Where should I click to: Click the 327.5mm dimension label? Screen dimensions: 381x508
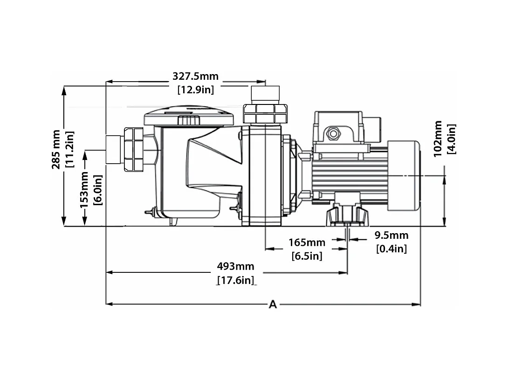pos(195,76)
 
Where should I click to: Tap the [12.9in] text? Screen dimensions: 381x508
pos(195,89)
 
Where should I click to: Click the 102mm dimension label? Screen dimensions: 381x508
pos(438,139)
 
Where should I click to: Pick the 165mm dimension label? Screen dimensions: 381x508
pos(306,242)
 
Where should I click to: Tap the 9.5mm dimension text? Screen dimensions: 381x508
pos(391,236)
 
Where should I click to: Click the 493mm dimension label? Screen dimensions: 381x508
pos(235,266)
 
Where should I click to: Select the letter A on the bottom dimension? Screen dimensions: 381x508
pos(273,305)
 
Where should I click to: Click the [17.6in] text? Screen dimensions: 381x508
pos(236,280)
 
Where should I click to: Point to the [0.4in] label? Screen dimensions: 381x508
pos(391,249)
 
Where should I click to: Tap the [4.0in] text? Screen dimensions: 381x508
pos(451,139)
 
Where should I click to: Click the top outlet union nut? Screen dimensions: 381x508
pos(265,113)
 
